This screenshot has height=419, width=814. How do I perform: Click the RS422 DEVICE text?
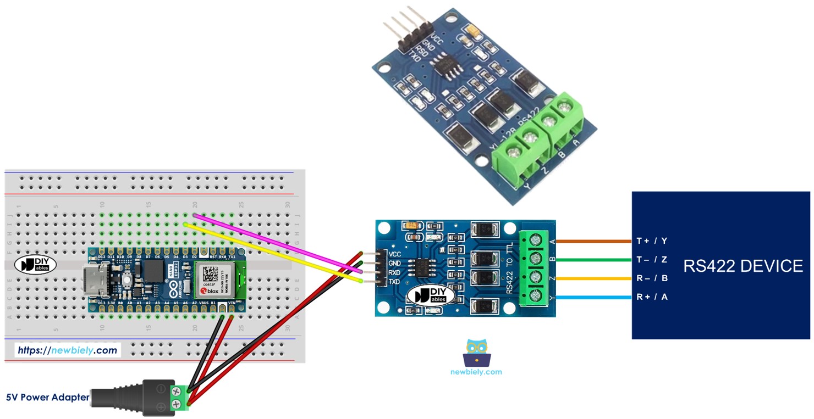[x=743, y=266]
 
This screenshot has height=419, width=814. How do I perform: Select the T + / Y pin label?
[x=652, y=241]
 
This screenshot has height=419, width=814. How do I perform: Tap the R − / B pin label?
[x=652, y=278]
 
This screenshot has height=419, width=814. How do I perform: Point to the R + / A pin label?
[x=652, y=297]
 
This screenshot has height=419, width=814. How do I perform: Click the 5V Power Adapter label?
[x=47, y=397]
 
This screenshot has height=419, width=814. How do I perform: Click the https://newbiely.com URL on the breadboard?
[x=67, y=350]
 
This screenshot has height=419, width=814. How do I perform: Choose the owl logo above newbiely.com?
[x=476, y=353]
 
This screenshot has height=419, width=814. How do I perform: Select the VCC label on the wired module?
[x=394, y=254]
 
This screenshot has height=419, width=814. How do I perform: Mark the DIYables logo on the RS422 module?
[x=430, y=295]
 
